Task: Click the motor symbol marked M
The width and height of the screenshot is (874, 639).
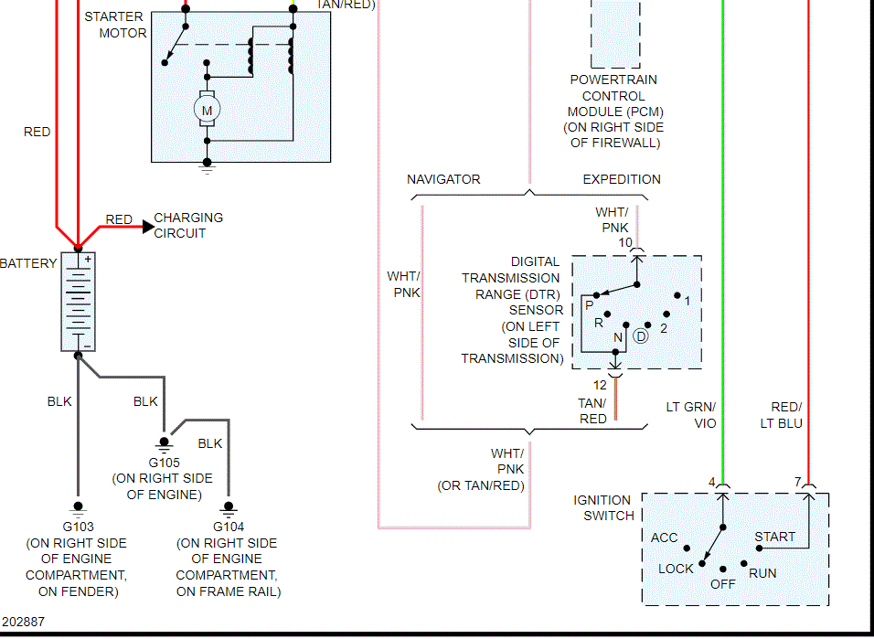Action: pyautogui.click(x=207, y=111)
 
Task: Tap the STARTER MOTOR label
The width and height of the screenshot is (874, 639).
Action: pyautogui.click(x=115, y=25)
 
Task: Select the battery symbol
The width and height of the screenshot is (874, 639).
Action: pyautogui.click(x=78, y=302)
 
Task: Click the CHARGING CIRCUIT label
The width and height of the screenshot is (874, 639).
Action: pyautogui.click(x=188, y=225)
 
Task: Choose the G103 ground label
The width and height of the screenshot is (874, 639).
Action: pyautogui.click(x=78, y=527)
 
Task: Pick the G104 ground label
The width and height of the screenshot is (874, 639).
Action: pyautogui.click(x=228, y=527)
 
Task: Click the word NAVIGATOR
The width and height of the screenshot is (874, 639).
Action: pyautogui.click(x=443, y=179)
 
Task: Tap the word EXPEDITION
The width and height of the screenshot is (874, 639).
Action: pyautogui.click(x=622, y=179)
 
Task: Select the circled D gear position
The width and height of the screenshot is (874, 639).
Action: pyautogui.click(x=641, y=336)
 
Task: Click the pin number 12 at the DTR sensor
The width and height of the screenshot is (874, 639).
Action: pyautogui.click(x=600, y=385)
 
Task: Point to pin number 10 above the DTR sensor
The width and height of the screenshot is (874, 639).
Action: pyautogui.click(x=625, y=242)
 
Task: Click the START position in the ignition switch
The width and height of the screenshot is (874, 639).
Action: pyautogui.click(x=774, y=537)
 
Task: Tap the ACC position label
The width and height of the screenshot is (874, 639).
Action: pyautogui.click(x=665, y=538)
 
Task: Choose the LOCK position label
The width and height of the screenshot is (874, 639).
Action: pyautogui.click(x=677, y=569)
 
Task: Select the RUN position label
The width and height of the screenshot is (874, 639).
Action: pyautogui.click(x=762, y=573)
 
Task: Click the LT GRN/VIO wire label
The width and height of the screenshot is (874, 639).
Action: pyautogui.click(x=691, y=415)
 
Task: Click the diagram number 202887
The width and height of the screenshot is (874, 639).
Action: pyautogui.click(x=23, y=622)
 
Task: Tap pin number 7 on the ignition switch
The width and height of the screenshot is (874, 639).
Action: pyautogui.click(x=797, y=482)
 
